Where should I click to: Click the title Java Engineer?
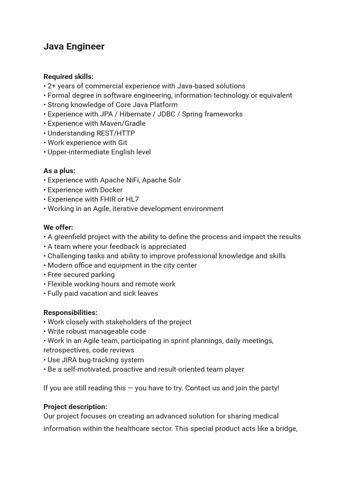click(x=74, y=46)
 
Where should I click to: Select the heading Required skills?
click(x=68, y=76)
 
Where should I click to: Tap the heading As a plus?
click(x=59, y=171)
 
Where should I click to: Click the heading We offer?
click(x=58, y=227)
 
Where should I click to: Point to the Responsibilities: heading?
click(x=70, y=312)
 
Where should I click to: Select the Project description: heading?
click(x=75, y=406)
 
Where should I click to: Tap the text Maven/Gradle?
click(x=123, y=123)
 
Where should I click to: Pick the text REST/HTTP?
click(x=115, y=133)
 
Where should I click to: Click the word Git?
click(x=122, y=142)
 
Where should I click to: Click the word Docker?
click(x=111, y=190)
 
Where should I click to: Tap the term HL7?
click(x=132, y=199)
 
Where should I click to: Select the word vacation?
click(x=102, y=293)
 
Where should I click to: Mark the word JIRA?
click(x=70, y=360)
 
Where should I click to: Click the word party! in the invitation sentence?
click(x=267, y=388)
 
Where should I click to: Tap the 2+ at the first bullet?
click(x=52, y=86)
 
